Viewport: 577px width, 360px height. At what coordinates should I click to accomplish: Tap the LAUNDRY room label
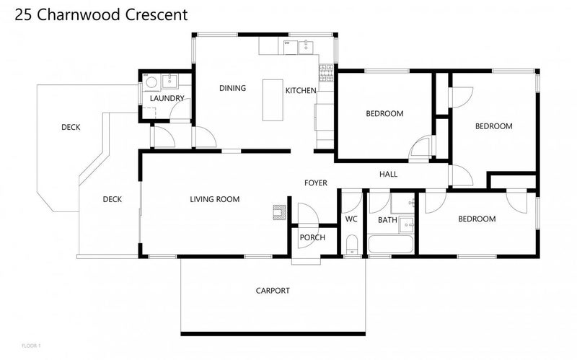coord(167,98)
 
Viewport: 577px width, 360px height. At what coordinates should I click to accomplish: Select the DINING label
coord(232,89)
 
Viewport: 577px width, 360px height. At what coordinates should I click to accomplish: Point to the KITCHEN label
coord(300,90)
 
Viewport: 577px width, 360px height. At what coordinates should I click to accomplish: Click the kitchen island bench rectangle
coord(273,100)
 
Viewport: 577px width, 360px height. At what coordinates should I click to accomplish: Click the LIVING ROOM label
coord(214,199)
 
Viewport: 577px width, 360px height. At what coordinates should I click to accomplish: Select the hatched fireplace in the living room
coord(278,211)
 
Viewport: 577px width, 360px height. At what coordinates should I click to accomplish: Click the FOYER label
coord(316,183)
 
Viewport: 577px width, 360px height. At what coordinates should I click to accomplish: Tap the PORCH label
coord(312,237)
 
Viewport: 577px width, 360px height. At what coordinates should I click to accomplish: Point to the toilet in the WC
coord(351,245)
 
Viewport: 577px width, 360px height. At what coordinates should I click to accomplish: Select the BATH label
coord(387,220)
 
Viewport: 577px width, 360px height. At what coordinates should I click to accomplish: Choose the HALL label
coord(388,174)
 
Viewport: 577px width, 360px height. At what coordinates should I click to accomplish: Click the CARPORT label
coord(273,291)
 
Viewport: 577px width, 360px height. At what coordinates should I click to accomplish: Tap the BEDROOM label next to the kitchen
coord(384,113)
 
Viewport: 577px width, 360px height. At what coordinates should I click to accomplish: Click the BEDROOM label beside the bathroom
coord(477,219)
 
